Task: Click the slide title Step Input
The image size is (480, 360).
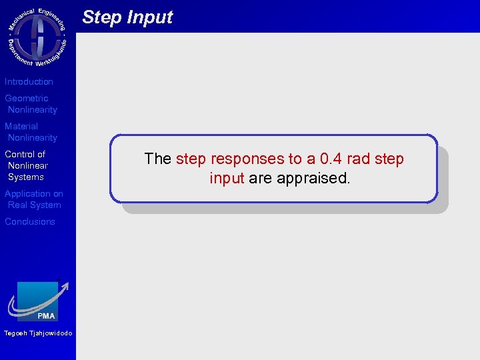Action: (127, 17)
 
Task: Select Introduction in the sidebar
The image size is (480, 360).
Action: (29, 82)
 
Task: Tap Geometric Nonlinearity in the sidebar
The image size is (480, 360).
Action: (31, 104)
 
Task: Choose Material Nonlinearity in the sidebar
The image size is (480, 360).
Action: (31, 132)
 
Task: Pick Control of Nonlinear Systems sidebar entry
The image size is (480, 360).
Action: (27, 165)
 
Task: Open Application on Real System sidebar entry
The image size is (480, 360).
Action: (34, 199)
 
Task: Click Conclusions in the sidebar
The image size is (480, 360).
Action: (30, 222)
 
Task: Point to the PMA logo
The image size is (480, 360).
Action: (38, 301)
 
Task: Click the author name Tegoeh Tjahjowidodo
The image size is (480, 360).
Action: (37, 333)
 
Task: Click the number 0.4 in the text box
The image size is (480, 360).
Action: (331, 159)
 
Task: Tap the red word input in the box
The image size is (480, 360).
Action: (227, 179)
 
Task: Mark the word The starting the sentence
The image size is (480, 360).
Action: (158, 159)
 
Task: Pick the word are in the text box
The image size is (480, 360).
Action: (260, 179)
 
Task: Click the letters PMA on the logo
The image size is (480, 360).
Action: (47, 315)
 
